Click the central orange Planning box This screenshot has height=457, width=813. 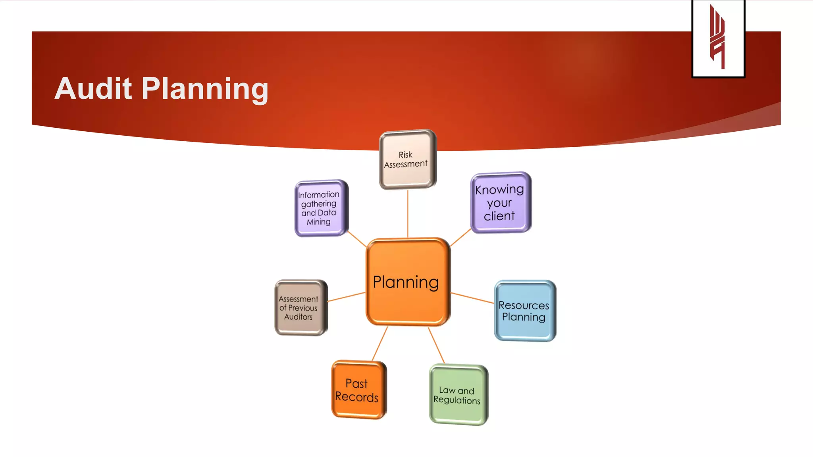click(408, 282)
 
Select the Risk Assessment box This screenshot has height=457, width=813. click(407, 159)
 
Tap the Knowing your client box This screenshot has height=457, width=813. click(500, 202)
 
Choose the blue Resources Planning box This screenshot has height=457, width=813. click(524, 311)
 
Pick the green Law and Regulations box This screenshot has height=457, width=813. click(458, 395)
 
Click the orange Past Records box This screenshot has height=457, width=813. click(358, 390)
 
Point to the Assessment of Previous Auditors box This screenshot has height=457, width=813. click(301, 307)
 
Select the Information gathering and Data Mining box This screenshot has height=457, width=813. click(320, 208)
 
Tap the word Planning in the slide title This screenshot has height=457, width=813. click(205, 89)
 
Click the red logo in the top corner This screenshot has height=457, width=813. click(718, 38)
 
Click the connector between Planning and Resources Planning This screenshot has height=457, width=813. click(472, 298)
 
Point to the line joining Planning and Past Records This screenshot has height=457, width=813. click(380, 343)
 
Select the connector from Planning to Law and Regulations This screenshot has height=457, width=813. click(436, 345)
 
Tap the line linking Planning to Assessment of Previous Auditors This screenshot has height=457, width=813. click(346, 297)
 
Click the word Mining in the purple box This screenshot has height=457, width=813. click(318, 222)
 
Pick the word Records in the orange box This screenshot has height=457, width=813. click(356, 397)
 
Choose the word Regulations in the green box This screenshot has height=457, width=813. click(457, 400)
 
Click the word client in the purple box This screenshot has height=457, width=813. click(499, 216)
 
